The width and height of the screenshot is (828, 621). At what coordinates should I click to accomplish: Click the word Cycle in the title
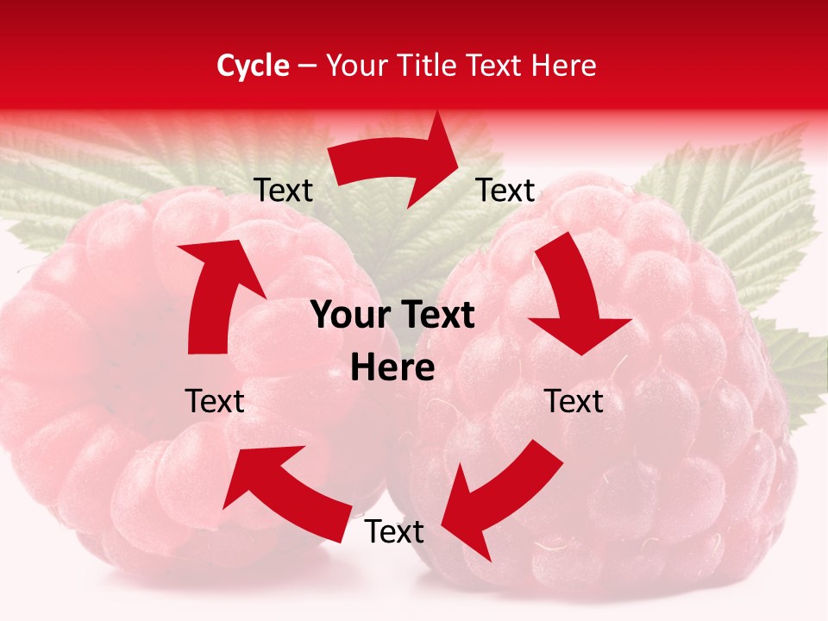click(253, 66)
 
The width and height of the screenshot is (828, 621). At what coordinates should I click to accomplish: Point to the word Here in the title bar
click(564, 66)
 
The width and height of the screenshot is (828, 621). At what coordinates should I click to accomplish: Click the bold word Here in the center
click(392, 368)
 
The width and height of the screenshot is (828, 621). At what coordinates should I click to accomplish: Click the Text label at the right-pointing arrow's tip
click(506, 190)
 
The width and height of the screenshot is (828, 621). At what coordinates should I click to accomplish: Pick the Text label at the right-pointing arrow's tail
click(284, 190)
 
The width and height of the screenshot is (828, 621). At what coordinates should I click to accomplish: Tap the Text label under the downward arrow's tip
click(574, 401)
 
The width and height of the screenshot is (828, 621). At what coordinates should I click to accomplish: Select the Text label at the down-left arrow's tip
click(394, 532)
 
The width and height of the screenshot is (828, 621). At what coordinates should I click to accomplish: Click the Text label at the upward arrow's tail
click(215, 401)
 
